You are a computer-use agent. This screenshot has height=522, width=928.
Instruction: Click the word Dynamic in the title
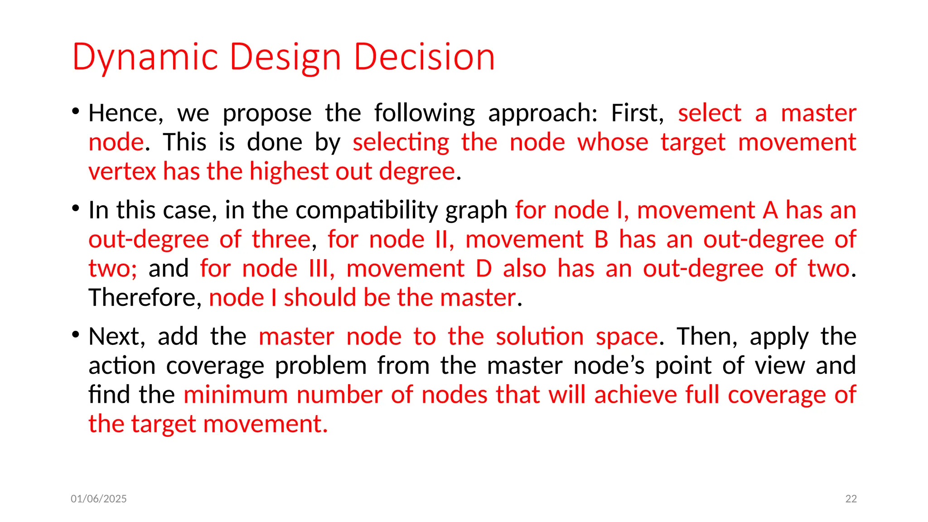(x=145, y=58)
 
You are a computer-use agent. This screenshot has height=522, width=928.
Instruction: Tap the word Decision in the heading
(x=424, y=58)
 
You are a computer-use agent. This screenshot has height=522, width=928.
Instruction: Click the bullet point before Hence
(x=76, y=111)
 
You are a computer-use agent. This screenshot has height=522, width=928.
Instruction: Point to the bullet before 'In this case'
(x=76, y=208)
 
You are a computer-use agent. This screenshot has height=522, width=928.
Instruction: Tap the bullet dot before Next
(x=76, y=334)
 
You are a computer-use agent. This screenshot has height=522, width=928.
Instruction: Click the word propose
(x=267, y=113)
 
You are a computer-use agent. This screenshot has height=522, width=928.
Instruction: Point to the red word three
(x=281, y=239)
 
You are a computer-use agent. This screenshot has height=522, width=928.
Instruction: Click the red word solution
(x=539, y=337)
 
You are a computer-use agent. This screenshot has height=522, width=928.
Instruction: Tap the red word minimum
(x=236, y=395)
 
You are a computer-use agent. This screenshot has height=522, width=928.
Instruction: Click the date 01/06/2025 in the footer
(x=99, y=499)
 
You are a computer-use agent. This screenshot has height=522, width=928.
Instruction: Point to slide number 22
(x=851, y=499)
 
